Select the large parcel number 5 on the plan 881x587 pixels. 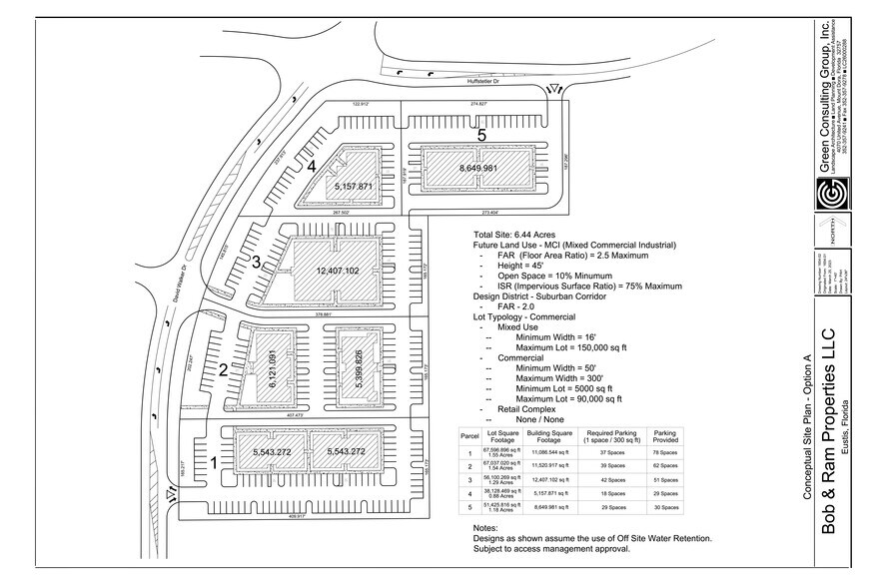480,134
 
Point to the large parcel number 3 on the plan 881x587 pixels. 257,263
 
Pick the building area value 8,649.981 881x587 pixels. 476,168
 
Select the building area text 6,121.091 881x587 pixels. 268,367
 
